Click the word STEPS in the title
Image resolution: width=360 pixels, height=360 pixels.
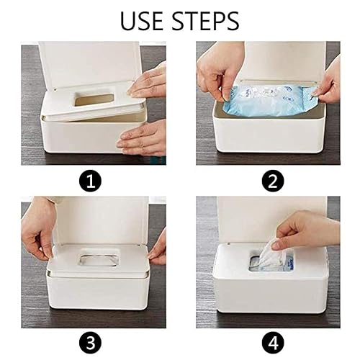point(207,21)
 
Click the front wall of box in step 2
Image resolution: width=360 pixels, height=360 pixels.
point(270,140)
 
